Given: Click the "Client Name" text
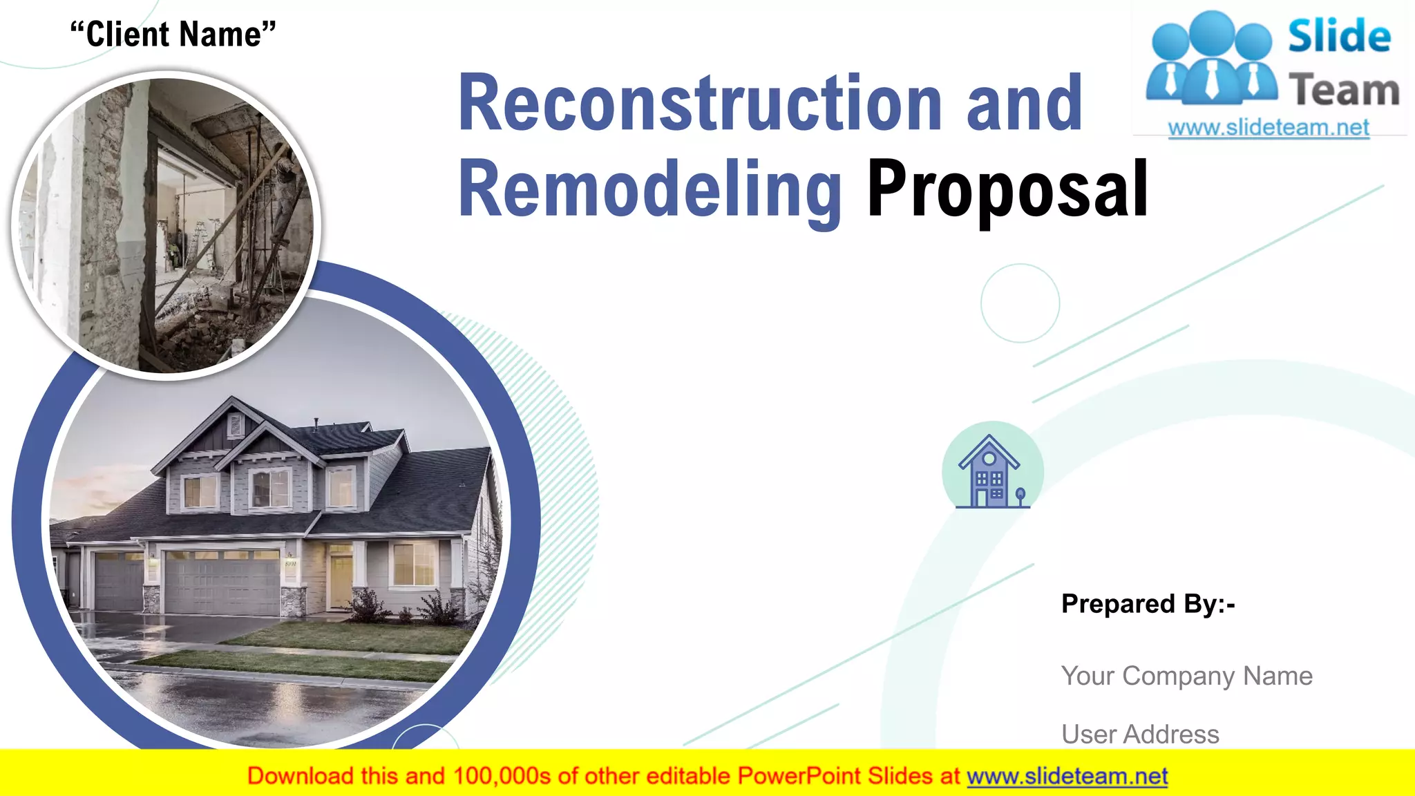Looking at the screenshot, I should point(173,34).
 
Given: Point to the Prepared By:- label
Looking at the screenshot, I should point(1148,604).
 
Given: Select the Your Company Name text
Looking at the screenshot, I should point(1186,676).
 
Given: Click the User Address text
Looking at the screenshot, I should point(1140,734).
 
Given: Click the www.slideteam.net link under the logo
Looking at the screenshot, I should point(1269,128).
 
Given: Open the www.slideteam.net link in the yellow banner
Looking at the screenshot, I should point(1067,777).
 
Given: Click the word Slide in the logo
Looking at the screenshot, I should point(1339,36).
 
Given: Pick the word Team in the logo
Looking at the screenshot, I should point(1344,91).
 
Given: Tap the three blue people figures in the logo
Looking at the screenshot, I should point(1211,59).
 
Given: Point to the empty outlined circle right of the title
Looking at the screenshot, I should point(1020,303).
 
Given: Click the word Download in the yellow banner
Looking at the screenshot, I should point(301,777).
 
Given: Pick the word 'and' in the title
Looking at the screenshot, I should point(1024,104).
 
